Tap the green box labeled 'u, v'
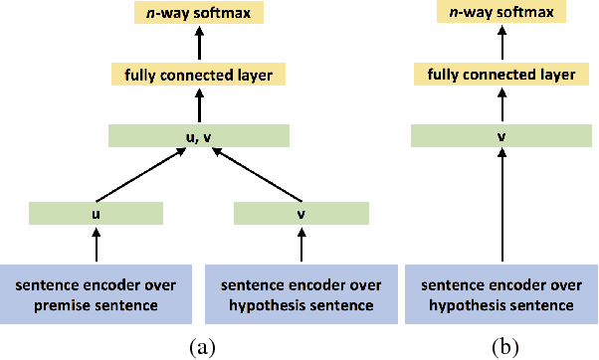click(198, 136)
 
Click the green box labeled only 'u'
click(96, 213)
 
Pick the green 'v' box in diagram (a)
click(300, 213)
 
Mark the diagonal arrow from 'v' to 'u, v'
click(257, 176)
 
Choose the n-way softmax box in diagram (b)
click(503, 14)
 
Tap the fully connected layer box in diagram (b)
click(503, 74)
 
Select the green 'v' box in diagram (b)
click(503, 136)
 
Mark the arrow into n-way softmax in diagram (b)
click(503, 45)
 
